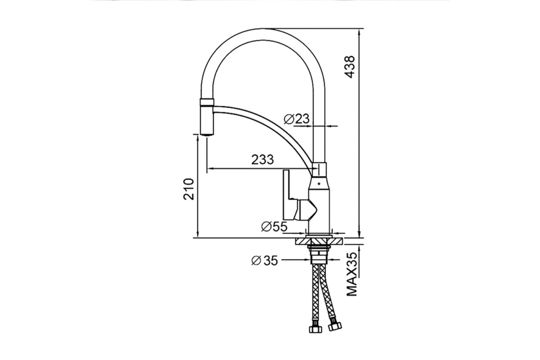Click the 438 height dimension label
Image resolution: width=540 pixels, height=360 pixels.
pyautogui.click(x=350, y=67)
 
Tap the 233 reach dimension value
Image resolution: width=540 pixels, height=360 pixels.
pyautogui.click(x=262, y=159)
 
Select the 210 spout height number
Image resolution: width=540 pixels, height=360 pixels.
pyautogui.click(x=189, y=189)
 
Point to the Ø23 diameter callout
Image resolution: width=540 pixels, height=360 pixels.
pyautogui.click(x=297, y=119)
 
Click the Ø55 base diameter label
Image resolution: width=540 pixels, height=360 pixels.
pyautogui.click(x=274, y=226)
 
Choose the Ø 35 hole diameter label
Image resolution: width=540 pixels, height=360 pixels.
pyautogui.click(x=265, y=261)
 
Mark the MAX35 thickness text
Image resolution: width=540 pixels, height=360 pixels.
pyautogui.click(x=351, y=274)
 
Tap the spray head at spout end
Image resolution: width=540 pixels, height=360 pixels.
pyautogui.click(x=207, y=117)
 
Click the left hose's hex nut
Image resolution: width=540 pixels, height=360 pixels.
pyautogui.click(x=315, y=329)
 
